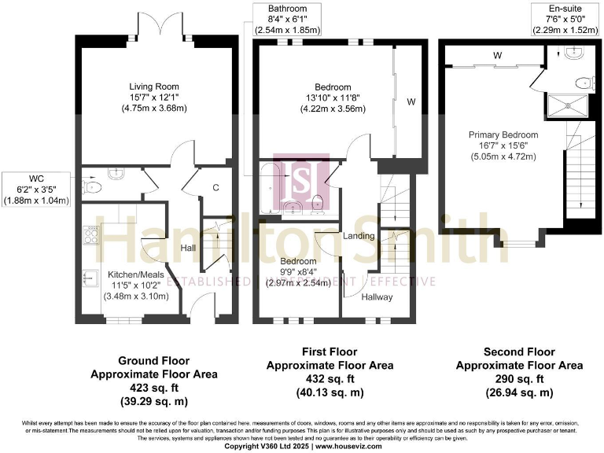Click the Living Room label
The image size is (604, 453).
(154, 87)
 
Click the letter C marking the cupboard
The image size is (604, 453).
(215, 188)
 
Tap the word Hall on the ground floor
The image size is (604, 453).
(187, 248)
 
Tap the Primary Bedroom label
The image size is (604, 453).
(503, 134)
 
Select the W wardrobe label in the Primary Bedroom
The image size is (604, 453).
(497, 56)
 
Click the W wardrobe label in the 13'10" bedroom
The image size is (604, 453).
(411, 101)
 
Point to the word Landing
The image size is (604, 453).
(358, 235)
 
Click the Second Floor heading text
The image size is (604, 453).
(519, 352)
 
